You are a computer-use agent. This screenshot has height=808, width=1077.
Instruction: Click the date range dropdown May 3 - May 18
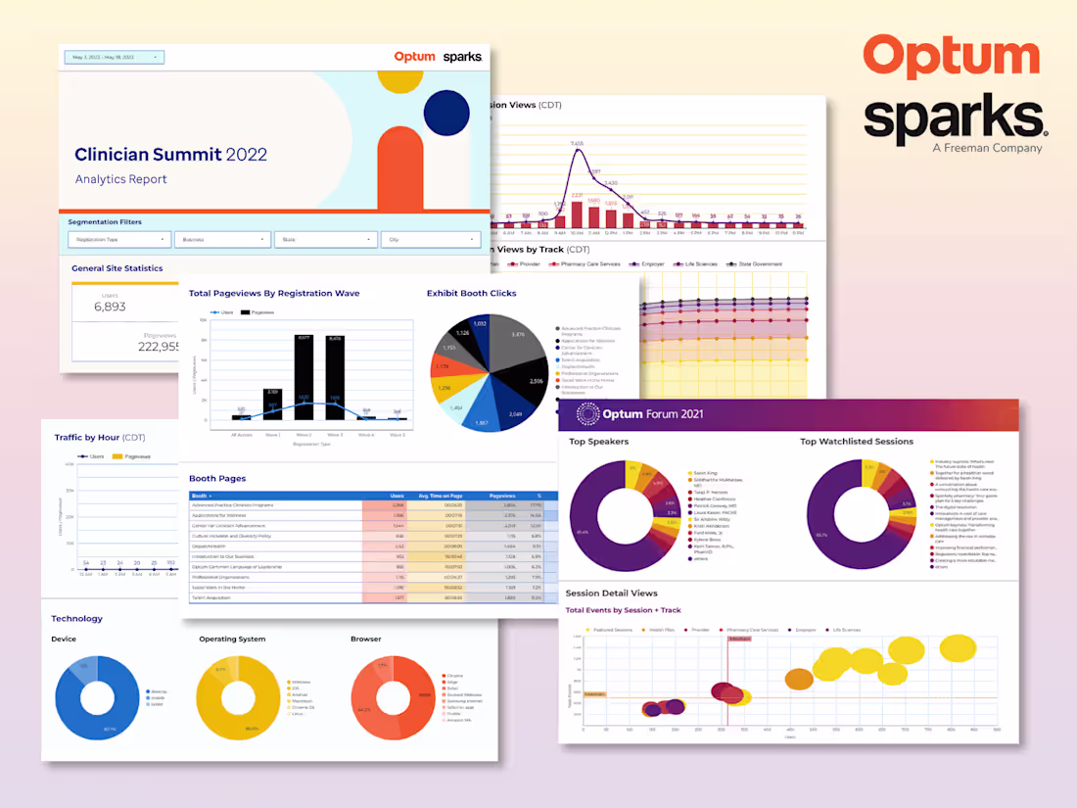click(114, 57)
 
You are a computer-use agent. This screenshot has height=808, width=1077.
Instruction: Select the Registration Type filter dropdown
click(118, 239)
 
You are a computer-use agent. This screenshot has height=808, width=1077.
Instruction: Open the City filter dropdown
click(430, 239)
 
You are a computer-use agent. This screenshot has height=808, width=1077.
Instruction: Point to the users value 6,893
click(110, 307)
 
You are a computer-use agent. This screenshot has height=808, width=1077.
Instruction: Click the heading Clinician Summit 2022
click(170, 155)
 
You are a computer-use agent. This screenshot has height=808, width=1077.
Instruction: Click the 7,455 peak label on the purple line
click(577, 144)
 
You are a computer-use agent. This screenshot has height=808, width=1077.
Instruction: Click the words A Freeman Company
click(987, 148)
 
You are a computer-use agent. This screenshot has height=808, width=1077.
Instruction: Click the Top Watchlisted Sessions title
click(856, 442)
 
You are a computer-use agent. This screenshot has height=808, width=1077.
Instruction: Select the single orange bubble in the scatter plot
click(799, 679)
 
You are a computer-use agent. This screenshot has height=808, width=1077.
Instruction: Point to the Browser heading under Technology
click(366, 640)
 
